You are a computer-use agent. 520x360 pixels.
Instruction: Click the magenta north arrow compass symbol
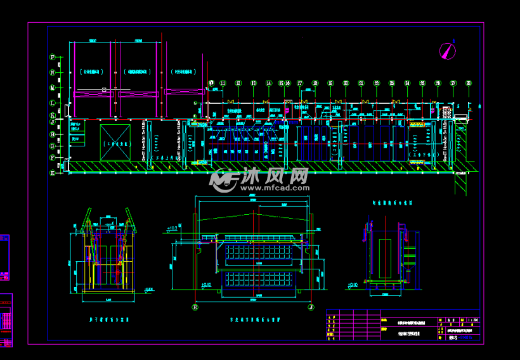448,50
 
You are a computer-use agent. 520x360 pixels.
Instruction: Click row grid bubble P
53,57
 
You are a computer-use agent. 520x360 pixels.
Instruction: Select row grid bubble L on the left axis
53,103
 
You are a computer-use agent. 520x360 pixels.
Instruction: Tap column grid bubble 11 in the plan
223,83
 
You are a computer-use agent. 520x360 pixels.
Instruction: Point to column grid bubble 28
469,83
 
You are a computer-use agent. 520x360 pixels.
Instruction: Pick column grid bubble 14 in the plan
269,83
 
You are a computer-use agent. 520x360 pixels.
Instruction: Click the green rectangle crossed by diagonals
115,143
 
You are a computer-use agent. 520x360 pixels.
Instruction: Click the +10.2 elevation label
171,228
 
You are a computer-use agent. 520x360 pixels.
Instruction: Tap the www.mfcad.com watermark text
273,188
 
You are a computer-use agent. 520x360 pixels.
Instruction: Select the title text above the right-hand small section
391,203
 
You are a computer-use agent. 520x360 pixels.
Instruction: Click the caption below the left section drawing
108,321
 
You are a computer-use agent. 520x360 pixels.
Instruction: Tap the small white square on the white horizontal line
104,90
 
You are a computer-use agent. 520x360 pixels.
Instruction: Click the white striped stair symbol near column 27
446,112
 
